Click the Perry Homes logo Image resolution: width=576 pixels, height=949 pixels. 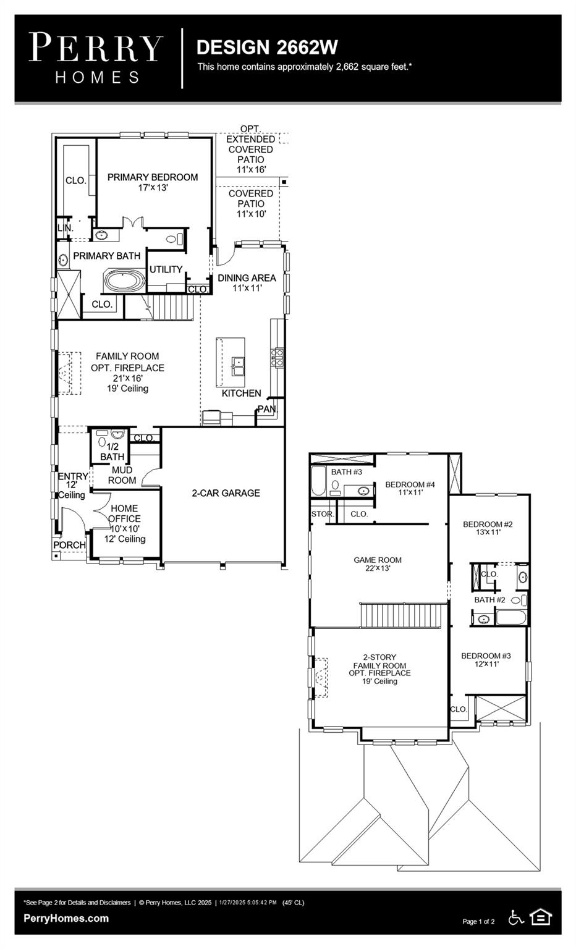click(96, 58)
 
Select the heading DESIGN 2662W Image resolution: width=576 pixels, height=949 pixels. click(267, 47)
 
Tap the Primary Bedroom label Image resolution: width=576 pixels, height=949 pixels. click(153, 182)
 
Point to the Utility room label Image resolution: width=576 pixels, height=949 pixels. click(166, 269)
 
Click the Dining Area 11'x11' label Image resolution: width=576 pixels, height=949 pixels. click(246, 282)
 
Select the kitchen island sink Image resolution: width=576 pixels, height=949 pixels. click(238, 366)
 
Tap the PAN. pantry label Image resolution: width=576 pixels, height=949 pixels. click(268, 409)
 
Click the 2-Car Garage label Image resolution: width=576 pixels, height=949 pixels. click(226, 493)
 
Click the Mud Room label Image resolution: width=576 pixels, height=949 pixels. click(122, 475)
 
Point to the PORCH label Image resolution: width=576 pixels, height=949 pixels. click(69, 545)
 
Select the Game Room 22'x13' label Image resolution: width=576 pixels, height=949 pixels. click(378, 564)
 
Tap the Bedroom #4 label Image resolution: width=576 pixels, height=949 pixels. click(410, 488)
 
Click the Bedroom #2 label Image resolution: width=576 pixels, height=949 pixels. click(488, 528)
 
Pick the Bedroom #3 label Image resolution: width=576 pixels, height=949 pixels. click(486, 659)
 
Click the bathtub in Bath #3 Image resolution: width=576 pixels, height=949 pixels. click(318, 481)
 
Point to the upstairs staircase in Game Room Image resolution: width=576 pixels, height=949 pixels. click(403, 615)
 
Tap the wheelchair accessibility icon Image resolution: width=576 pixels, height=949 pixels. click(515, 917)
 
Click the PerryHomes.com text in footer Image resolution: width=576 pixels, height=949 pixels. click(66, 918)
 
